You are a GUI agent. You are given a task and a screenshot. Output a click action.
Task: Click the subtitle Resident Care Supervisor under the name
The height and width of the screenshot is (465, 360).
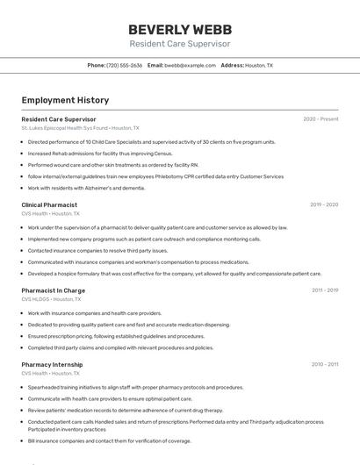coord(179,43)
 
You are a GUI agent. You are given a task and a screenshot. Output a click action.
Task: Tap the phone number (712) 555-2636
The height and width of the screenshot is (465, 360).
coord(125,65)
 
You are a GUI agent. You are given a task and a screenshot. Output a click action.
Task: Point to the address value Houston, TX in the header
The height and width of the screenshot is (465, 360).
coord(258,65)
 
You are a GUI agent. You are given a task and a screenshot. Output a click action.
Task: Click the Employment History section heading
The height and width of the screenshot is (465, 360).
coord(65,100)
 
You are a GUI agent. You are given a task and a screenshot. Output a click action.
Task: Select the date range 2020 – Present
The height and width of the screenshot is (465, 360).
coord(320,118)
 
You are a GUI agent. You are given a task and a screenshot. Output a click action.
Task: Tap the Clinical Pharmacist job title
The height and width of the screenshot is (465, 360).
coord(49,204)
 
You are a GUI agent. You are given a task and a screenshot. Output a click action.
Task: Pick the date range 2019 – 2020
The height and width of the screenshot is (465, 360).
coord(324,204)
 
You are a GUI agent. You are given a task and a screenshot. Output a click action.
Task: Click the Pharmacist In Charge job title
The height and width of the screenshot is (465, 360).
coord(53,290)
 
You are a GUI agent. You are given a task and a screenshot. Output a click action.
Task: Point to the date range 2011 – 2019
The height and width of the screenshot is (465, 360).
coord(325,290)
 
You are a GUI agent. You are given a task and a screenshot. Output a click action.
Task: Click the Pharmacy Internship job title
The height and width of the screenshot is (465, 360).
coord(53,364)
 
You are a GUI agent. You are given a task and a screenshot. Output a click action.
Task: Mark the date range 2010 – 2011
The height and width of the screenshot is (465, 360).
coord(325,364)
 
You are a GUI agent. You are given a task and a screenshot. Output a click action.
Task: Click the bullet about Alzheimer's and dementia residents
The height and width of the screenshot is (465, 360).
coord(86,188)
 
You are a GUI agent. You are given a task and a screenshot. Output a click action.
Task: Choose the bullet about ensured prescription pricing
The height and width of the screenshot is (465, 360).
coord(116,336)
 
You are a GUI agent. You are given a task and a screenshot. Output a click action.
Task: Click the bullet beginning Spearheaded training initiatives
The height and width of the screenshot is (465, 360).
coord(135,387)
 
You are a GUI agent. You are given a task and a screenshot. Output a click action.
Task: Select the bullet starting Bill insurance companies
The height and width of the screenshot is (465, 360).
coord(109,441)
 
